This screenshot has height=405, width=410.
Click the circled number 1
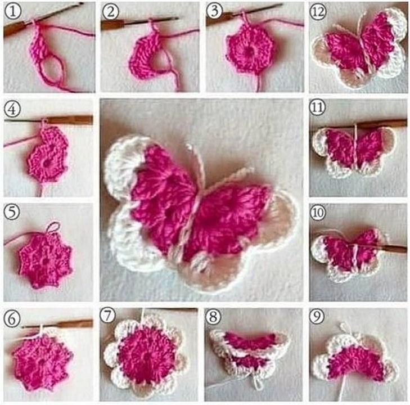(x=12, y=11)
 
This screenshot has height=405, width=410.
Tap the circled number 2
(x=110, y=12)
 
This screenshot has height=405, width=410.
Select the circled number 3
(x=214, y=11)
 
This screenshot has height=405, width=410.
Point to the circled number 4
(x=12, y=109)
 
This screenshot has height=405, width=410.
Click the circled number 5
(x=12, y=212)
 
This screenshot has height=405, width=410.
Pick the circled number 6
(x=12, y=319)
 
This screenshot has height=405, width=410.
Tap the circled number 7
(x=107, y=316)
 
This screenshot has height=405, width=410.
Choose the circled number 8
(x=213, y=317)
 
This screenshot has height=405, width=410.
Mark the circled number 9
(x=317, y=317)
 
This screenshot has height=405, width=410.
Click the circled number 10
(x=317, y=212)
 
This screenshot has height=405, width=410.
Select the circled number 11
(x=317, y=108)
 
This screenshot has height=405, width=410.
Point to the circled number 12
(x=318, y=12)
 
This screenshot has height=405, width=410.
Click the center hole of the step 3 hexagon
(x=249, y=51)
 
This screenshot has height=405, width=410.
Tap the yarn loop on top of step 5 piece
(x=53, y=227)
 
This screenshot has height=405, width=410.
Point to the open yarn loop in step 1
(x=52, y=69)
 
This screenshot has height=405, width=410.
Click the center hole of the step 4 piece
(x=47, y=164)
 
